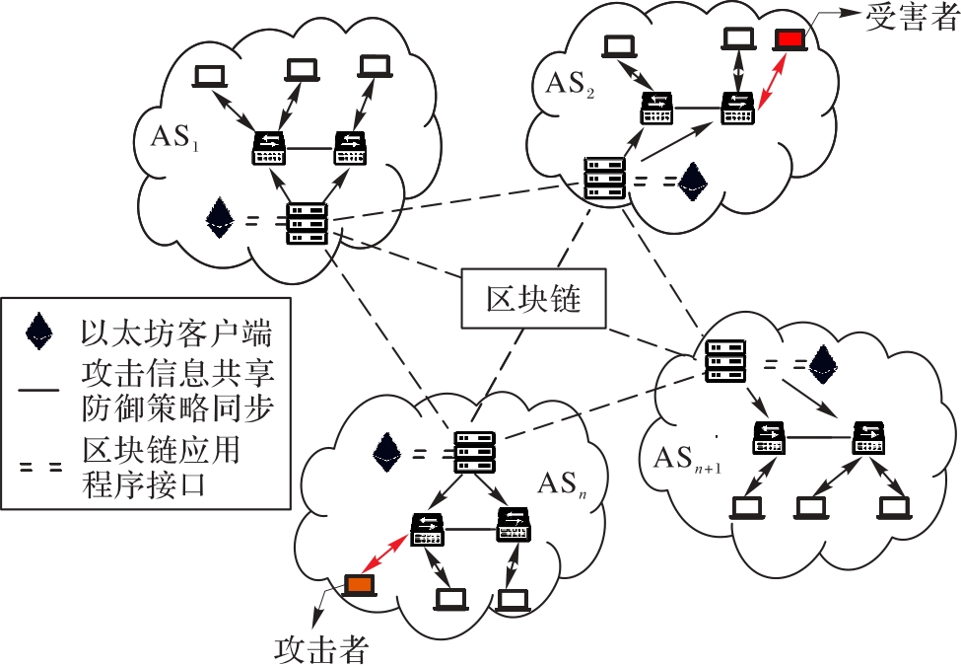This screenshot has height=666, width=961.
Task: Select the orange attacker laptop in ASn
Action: tap(357, 585)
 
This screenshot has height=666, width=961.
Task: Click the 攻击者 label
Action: tap(321, 646)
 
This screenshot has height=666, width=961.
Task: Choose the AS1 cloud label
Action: tap(174, 137)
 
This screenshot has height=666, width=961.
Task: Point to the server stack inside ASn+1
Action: tap(726, 361)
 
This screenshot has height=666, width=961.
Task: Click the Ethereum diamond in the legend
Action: tap(39, 333)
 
